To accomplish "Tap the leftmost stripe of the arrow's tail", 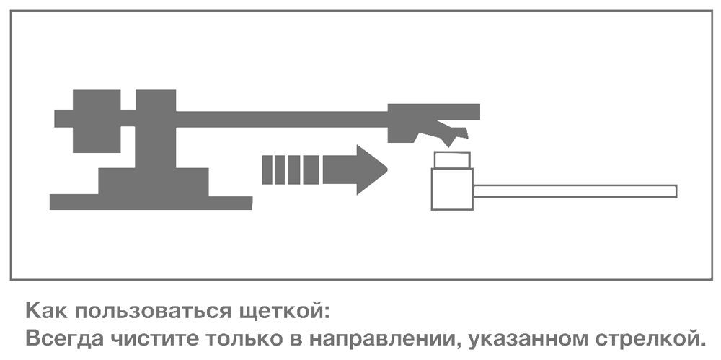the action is [x=267, y=170].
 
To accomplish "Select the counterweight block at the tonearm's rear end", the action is [x=97, y=121].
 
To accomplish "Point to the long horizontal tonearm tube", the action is [x=281, y=119].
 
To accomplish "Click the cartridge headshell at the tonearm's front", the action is [x=428, y=120].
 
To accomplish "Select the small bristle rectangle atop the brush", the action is [x=452, y=160].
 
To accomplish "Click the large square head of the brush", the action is [x=452, y=189].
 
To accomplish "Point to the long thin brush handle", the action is [x=575, y=191].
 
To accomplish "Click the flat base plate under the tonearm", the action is [x=151, y=203].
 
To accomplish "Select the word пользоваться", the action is [x=153, y=312].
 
